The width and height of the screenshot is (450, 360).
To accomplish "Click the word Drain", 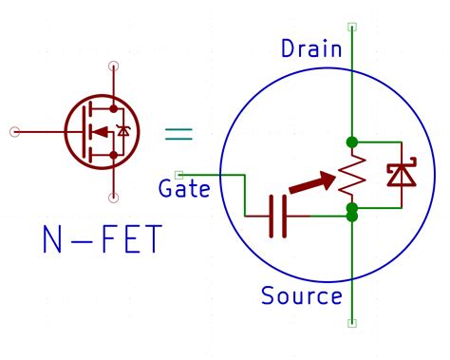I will [310, 48].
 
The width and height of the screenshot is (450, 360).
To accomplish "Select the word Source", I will [302, 296].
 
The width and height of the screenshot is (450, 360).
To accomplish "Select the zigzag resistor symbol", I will [352, 175].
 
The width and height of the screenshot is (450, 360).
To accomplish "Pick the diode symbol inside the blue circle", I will [398, 175].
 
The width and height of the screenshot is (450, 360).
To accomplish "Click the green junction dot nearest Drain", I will [352, 142].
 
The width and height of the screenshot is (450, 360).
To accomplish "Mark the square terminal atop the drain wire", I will [352, 28].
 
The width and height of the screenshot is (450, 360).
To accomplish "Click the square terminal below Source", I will [352, 323].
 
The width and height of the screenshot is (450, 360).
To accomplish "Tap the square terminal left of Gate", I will [180, 175].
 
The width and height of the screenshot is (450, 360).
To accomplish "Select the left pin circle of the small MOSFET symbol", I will [14, 131].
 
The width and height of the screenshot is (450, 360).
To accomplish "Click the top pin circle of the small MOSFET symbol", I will [114, 66].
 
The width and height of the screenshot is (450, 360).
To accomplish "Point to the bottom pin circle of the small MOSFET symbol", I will [114, 198].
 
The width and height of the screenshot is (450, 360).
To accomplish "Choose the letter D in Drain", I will [289, 48].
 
